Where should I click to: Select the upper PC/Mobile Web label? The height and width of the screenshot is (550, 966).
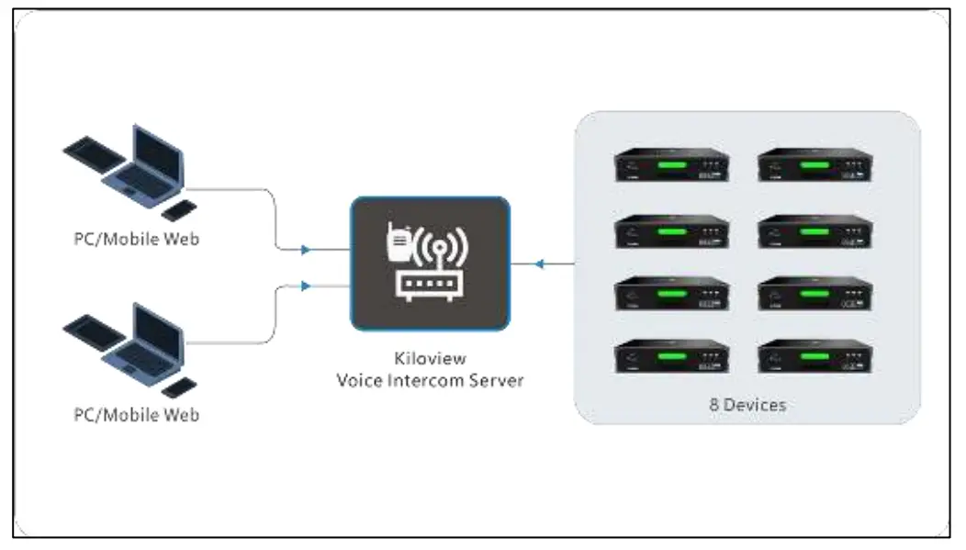pos(136,240)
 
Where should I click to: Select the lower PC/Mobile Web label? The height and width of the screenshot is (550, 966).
pos(136,414)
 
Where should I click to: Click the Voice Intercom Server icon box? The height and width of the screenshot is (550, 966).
pos(429,264)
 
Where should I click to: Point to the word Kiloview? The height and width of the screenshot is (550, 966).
pos(430,359)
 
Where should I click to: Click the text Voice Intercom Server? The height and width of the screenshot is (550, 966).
pos(430,380)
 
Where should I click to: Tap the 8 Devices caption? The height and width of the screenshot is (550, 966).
pos(747,403)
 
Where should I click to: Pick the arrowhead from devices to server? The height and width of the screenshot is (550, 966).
pos(541,264)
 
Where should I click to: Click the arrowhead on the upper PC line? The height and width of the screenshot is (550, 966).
pos(305,248)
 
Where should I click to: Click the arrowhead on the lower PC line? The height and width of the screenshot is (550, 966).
pos(305,286)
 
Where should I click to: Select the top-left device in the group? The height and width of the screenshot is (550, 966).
pos(671,165)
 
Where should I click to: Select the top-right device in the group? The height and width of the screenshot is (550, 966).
pos(814,165)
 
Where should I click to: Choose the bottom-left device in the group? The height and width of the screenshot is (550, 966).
pos(671,356)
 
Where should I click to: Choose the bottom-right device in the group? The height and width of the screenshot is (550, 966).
pos(814,356)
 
